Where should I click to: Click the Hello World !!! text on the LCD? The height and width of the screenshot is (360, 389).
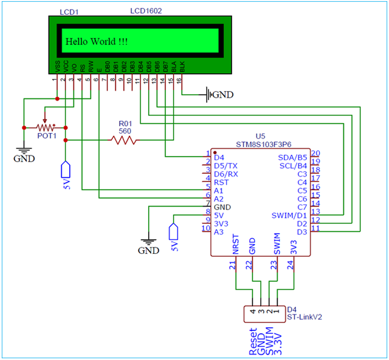pos(96,41)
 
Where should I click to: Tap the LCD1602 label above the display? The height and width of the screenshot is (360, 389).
pos(147,12)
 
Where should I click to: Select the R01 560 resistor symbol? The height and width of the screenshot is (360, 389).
pos(123,140)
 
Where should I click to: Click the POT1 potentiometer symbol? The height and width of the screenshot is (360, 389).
pos(45,127)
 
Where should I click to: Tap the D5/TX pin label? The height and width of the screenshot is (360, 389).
pos(227,166)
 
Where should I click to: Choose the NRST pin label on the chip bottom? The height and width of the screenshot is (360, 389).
pos(236,246)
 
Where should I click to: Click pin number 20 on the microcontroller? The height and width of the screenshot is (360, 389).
pos(315,153)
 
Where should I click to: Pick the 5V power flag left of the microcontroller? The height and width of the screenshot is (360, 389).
pos(174,234)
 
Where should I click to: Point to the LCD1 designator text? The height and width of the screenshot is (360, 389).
pos(69,12)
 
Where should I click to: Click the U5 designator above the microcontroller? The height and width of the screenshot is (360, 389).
pos(261,137)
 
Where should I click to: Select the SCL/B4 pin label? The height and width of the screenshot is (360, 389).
pos(293,166)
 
